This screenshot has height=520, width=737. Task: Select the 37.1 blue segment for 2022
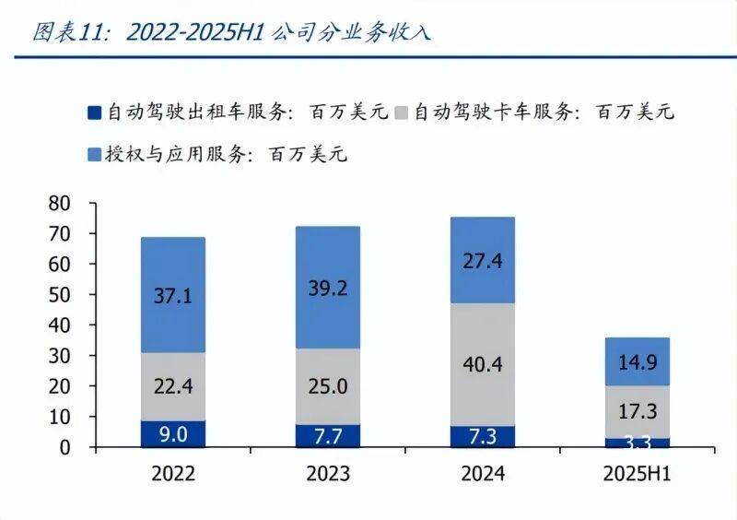coord(173,295)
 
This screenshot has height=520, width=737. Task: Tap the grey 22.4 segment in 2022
coord(173,386)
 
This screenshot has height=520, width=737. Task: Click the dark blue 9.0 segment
coord(173,433)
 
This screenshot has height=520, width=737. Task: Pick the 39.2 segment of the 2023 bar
coord(329,288)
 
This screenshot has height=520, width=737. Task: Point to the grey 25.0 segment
coord(329,386)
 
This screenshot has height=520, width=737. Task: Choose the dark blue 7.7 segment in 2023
coord(329,435)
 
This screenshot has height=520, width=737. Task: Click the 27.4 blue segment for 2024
coord(483,260)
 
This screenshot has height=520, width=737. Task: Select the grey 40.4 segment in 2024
coord(483,365)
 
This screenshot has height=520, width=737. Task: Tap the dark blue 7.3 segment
coord(483,436)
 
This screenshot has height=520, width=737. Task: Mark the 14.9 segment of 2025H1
coord(638,361)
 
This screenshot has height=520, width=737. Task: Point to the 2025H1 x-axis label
coord(638,474)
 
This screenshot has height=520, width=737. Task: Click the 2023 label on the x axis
coord(329,474)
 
